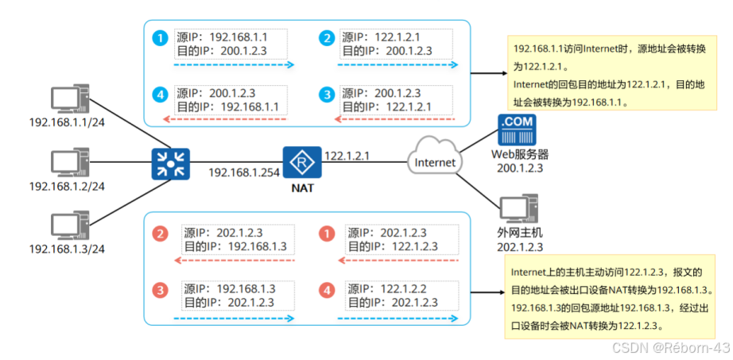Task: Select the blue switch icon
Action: (168, 163)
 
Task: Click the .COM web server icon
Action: (516, 130)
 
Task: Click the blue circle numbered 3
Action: (326, 95)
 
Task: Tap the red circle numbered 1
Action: (326, 233)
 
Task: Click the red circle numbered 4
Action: (326, 290)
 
